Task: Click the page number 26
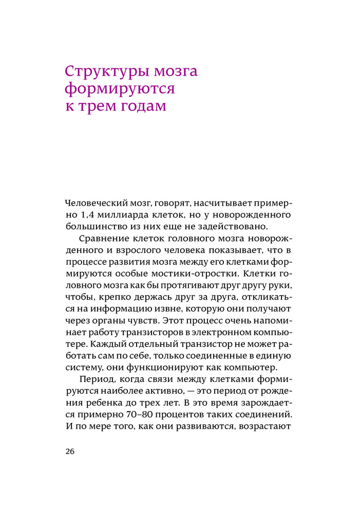tap(70, 452)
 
